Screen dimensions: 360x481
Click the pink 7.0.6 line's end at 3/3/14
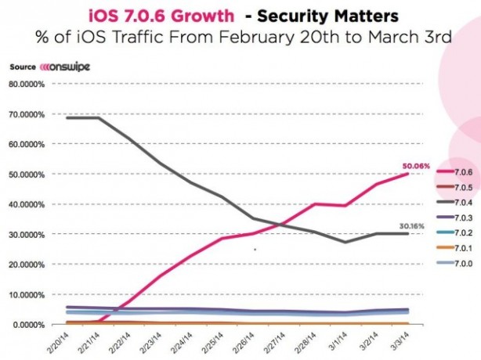pyautogui.click(x=407, y=174)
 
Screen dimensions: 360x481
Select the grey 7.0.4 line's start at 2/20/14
pyautogui.click(x=68, y=117)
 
